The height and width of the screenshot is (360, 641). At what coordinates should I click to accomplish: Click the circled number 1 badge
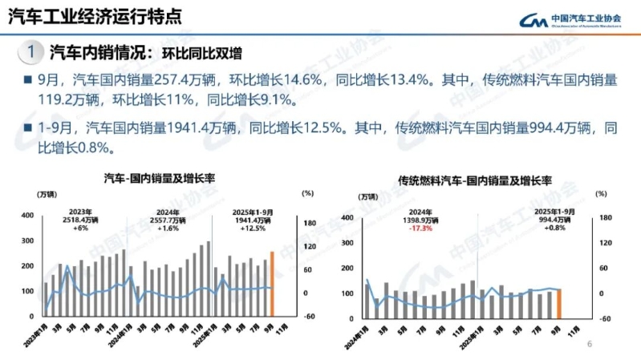30,53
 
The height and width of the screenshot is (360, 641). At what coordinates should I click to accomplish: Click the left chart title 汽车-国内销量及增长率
164,178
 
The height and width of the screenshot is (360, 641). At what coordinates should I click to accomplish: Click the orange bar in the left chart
272,284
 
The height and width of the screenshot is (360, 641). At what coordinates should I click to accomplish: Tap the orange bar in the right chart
558,303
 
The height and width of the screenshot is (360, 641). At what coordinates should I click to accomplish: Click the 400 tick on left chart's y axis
26,216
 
